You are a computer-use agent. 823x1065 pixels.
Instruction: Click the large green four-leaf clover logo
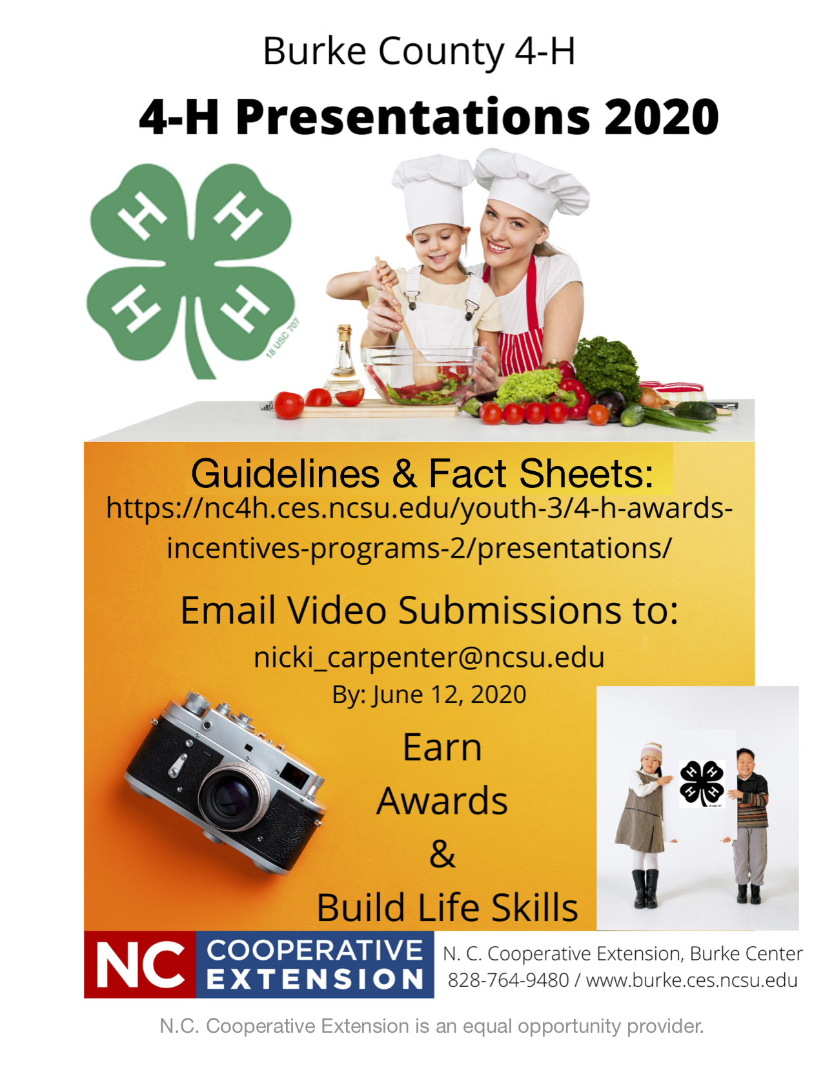tap(191, 270)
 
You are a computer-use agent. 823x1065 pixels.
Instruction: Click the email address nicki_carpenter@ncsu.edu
tap(429, 658)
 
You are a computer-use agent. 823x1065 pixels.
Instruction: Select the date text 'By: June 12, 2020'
tap(429, 694)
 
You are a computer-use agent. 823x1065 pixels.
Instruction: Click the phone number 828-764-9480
tap(508, 980)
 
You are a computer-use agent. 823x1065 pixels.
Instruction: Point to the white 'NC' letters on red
tap(140, 964)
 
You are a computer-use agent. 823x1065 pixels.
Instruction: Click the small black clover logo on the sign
tap(702, 783)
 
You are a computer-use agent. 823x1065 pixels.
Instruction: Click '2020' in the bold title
tap(661, 117)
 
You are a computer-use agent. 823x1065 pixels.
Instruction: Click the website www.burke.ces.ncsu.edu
tap(691, 980)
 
